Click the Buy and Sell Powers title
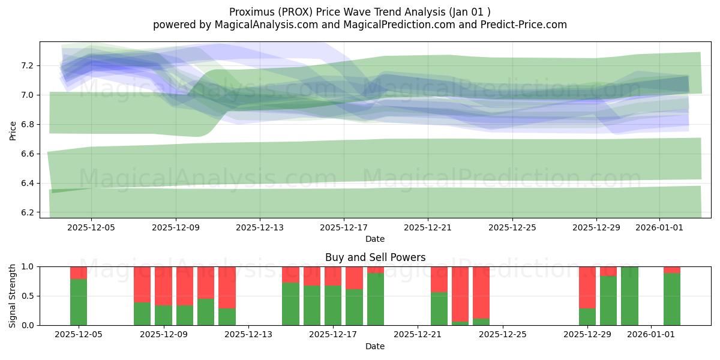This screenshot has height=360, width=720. click(x=375, y=257)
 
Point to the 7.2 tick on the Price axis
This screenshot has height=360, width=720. click(x=28, y=65)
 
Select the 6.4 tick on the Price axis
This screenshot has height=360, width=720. click(x=28, y=183)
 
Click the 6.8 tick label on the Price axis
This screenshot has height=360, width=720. click(x=28, y=124)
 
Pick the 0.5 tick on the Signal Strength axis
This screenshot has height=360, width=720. click(x=28, y=296)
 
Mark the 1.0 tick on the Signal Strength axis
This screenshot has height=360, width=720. click(x=28, y=266)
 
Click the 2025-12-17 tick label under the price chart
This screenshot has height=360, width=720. click(x=344, y=228)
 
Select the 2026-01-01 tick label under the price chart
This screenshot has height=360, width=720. click(x=659, y=228)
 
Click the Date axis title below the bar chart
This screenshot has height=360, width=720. click(x=375, y=346)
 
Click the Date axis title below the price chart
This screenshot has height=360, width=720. click(x=375, y=239)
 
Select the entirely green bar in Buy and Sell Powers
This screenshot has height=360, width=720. click(x=629, y=296)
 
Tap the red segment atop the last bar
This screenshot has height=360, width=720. click(x=672, y=269)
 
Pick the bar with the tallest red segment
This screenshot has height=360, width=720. click(x=460, y=293)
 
